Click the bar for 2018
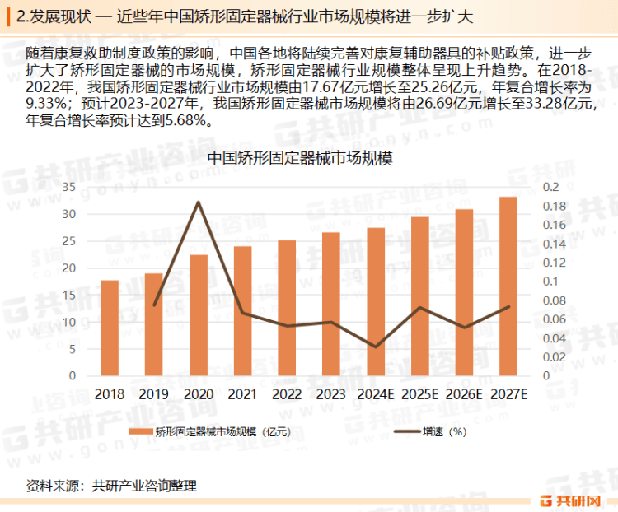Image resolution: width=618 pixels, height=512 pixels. (110, 328)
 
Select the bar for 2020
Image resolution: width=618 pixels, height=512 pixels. (199, 315)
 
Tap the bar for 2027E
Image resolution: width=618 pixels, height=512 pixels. (508, 286)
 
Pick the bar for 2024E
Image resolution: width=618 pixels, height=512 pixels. (376, 301)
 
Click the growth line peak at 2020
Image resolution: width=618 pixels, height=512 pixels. (199, 202)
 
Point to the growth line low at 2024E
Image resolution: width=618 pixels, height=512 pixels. (376, 347)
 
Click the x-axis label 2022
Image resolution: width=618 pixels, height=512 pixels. (287, 394)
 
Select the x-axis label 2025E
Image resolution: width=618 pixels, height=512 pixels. (419, 394)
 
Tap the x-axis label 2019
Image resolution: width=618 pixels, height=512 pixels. (153, 394)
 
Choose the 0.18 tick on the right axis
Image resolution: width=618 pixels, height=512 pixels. (554, 206)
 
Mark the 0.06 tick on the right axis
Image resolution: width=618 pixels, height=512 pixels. (554, 319)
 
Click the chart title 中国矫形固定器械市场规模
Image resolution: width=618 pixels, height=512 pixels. (300, 158)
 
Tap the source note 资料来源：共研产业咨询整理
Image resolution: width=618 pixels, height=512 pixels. (111, 486)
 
